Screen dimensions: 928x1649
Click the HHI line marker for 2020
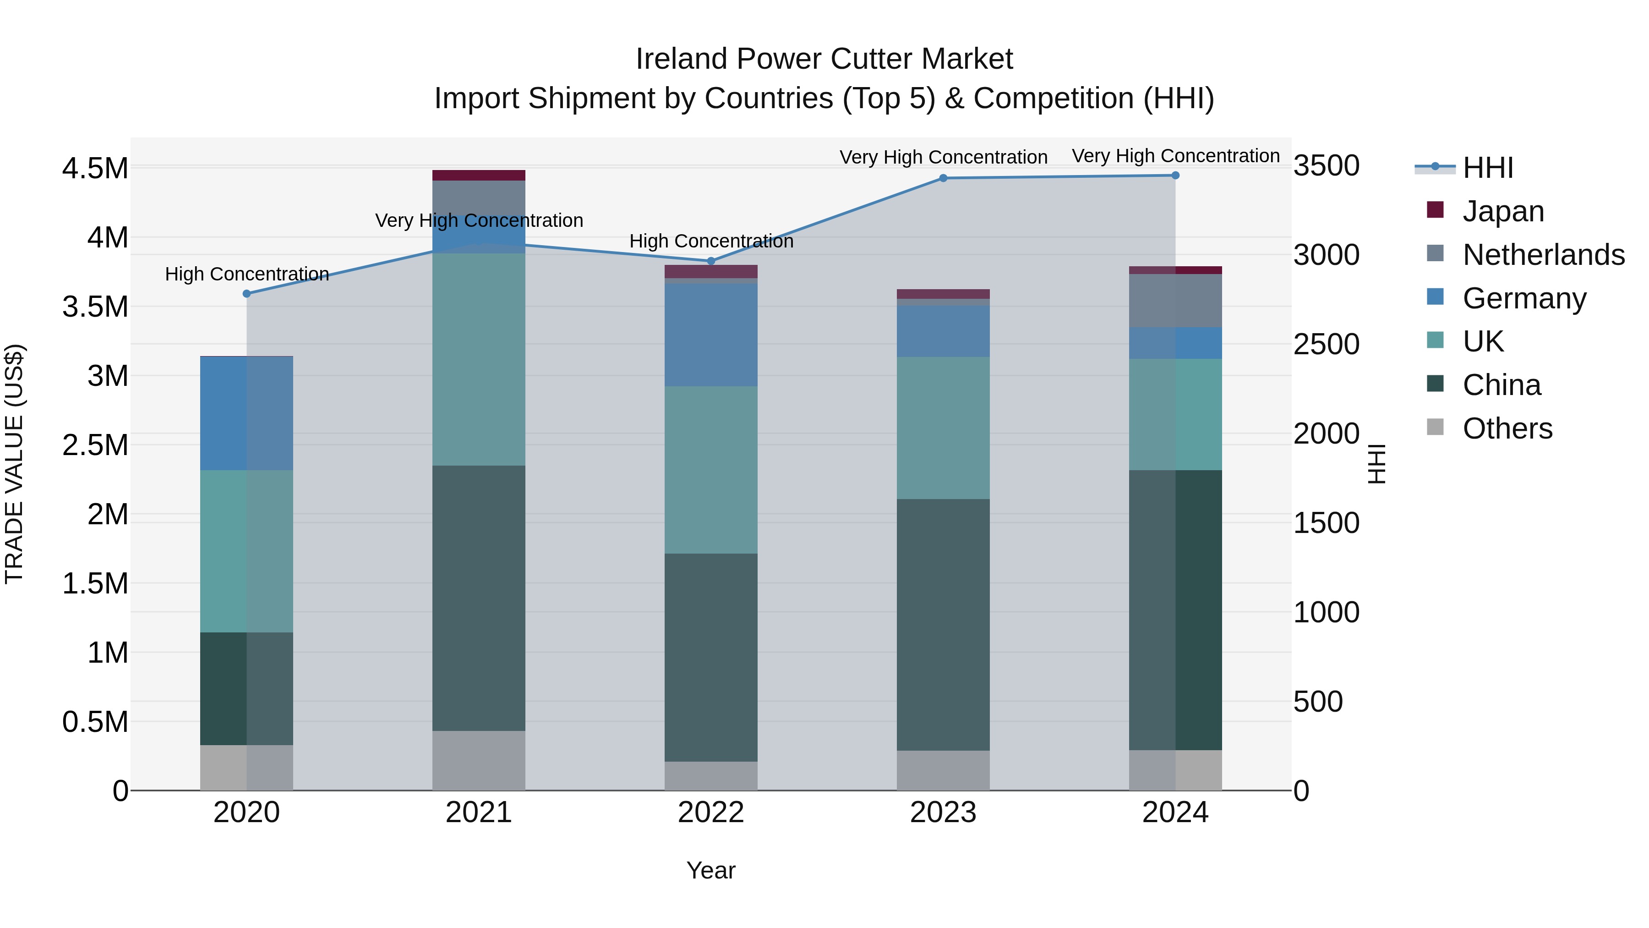click(x=246, y=294)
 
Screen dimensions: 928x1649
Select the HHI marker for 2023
click(x=943, y=178)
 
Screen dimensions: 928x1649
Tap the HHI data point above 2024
click(x=1175, y=176)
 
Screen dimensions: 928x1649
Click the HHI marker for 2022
click(x=710, y=261)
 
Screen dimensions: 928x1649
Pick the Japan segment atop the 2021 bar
click(x=479, y=176)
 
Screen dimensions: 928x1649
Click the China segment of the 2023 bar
click(x=943, y=625)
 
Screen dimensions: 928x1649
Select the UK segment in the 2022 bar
click(x=710, y=469)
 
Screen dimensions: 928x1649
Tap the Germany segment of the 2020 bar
click(x=246, y=413)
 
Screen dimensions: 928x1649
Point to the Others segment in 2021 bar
click(x=479, y=760)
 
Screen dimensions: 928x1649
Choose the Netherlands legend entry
click(x=1543, y=255)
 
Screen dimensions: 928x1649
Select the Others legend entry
click(x=1507, y=428)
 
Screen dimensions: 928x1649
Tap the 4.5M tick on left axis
click(x=95, y=169)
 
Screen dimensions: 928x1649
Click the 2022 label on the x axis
click(x=710, y=813)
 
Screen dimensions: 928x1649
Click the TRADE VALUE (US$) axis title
click(x=14, y=464)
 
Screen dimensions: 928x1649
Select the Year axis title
click(x=710, y=870)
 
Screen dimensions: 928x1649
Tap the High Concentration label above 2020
click(x=246, y=274)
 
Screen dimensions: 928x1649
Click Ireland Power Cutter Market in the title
click(x=824, y=59)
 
